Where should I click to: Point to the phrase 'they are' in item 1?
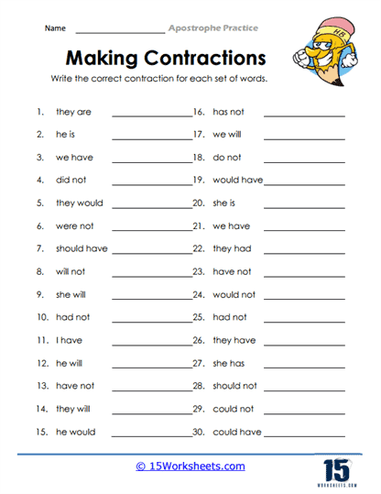pos(73,112)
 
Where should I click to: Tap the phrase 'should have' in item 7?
pos(82,248)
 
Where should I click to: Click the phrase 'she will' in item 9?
pos(72,294)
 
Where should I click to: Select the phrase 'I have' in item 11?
pos(69,340)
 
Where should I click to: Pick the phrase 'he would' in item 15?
pos(74,432)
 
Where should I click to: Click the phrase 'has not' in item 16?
pos(229,112)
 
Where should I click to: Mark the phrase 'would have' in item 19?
pos(237,181)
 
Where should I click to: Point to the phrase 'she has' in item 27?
pos(229,363)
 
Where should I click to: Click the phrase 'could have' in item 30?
pos(237,432)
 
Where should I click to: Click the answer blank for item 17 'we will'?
pos(304,138)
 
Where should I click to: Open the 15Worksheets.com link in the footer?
pos(190,467)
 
